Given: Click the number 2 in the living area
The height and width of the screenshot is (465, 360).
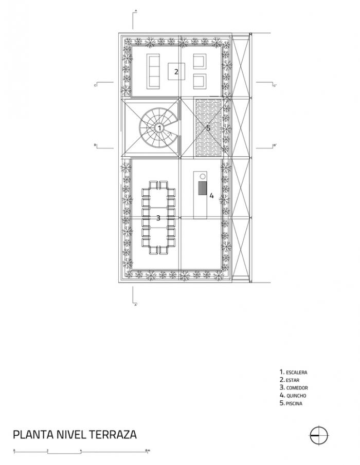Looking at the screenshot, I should point(176,71).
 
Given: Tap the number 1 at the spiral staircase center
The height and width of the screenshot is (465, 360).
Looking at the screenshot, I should point(159,127).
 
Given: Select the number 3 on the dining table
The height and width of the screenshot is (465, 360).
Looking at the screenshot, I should point(158,218).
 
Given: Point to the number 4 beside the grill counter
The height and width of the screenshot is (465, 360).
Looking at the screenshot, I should point(211,195).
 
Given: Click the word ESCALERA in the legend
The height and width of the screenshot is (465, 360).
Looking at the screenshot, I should point(297,371).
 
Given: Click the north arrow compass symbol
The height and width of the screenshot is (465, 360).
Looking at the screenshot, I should point(319,435).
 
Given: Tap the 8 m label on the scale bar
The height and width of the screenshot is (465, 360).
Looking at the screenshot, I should point(148,451).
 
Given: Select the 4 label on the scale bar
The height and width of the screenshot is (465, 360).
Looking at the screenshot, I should point(81,451).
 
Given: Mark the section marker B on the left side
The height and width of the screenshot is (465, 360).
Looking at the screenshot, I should point(95,145).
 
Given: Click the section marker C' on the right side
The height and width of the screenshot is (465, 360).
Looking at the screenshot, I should point(275,85).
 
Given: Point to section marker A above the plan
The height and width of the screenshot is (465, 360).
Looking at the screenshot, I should point(135,10).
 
